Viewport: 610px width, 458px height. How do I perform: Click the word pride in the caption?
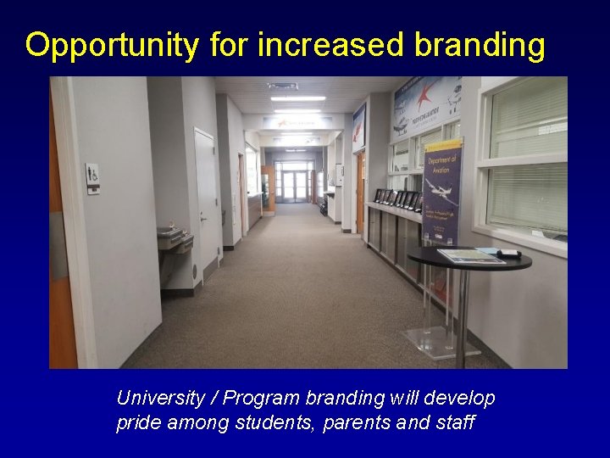click(137, 422)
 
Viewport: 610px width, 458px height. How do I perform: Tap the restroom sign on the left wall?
click(92, 178)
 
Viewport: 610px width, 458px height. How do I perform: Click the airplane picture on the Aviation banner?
click(441, 192)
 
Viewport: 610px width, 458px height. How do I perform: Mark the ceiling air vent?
click(283, 86)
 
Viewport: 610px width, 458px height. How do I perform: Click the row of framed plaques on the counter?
click(398, 200)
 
